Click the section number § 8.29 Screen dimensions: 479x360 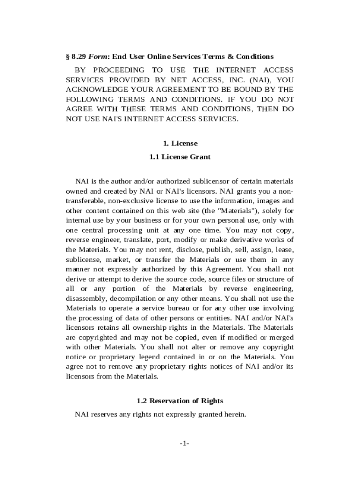(x=76, y=57)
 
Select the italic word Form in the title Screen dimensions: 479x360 (x=96, y=57)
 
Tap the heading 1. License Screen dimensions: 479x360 (x=180, y=143)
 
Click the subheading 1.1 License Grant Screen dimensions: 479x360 (x=180, y=157)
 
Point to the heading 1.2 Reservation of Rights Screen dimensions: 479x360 (x=180, y=401)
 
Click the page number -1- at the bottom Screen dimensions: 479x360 (x=180, y=443)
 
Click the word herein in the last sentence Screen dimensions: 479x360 (x=234, y=414)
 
